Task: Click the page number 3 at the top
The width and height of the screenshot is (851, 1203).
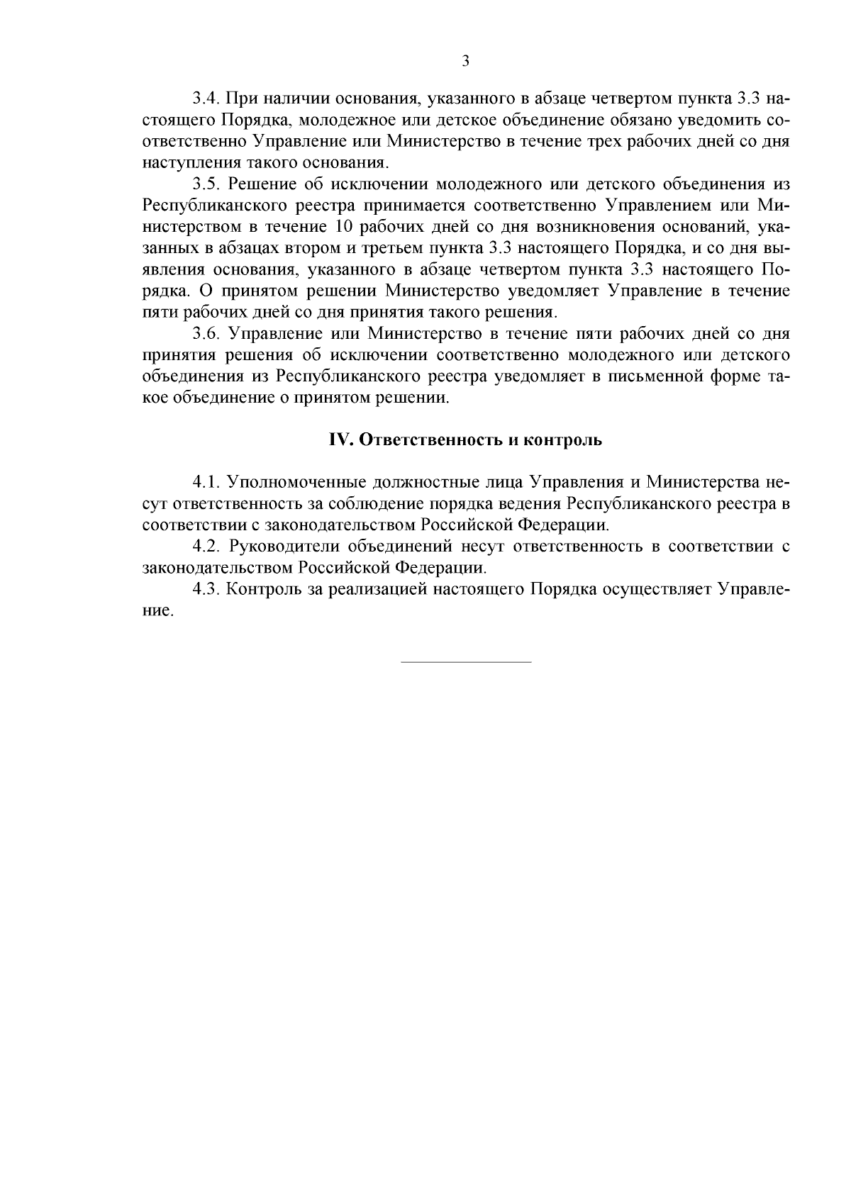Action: [465, 61]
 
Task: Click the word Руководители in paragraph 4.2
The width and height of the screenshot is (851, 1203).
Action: [281, 547]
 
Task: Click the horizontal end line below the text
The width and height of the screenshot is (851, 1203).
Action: [466, 662]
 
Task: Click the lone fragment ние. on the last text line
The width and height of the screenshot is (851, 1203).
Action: [157, 611]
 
